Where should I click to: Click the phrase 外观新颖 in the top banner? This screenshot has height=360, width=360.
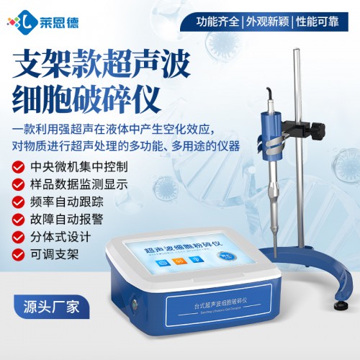coord(272,22)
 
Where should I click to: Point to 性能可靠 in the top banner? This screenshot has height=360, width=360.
coord(325,22)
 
